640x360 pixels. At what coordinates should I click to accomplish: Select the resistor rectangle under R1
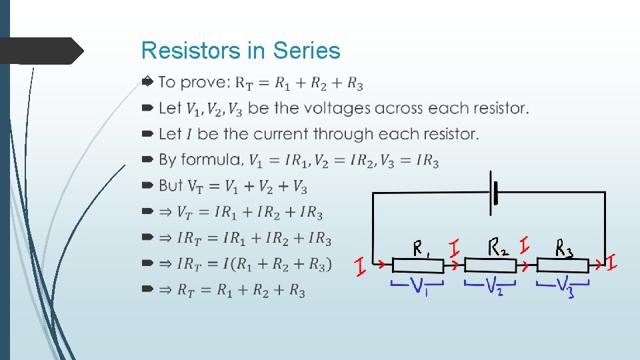[417, 266]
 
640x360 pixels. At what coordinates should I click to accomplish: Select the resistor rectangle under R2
[491, 266]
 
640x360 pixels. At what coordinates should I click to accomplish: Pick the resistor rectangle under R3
[563, 266]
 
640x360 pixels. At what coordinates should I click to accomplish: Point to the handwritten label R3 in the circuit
[564, 249]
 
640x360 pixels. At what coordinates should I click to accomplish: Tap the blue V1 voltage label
[418, 287]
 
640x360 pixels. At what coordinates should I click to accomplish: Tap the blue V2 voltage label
[493, 288]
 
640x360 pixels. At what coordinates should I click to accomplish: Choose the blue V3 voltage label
[564, 288]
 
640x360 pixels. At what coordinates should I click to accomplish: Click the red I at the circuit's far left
[359, 269]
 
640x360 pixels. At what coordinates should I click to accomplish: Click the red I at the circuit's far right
[611, 262]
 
